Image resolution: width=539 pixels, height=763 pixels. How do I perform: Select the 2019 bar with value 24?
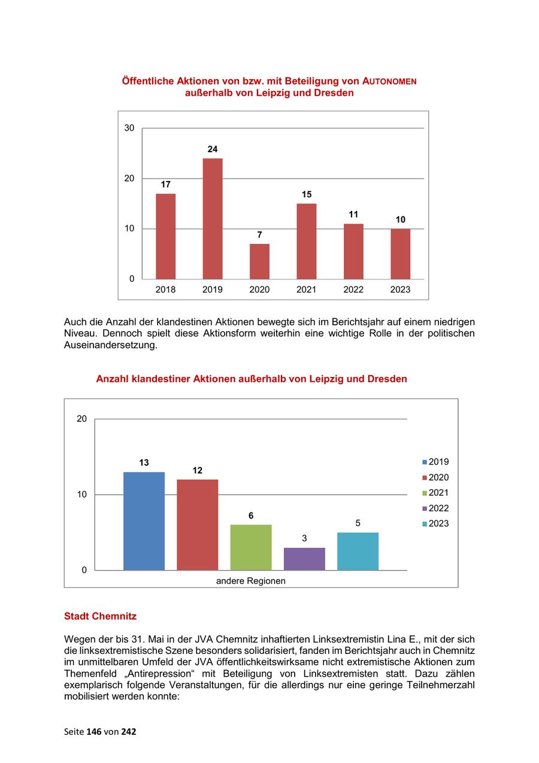click(213, 218)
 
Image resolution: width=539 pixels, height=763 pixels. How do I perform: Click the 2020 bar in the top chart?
click(259, 261)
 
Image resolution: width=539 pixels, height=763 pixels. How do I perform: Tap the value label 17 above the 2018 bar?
click(165, 185)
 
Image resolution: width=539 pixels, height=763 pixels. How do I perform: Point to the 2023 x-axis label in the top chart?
click(400, 289)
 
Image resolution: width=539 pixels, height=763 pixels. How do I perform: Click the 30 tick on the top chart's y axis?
click(129, 128)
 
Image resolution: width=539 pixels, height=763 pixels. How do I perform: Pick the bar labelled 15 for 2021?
click(306, 241)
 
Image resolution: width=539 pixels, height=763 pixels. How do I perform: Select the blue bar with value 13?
click(144, 521)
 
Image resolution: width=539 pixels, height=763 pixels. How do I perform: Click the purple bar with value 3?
click(304, 559)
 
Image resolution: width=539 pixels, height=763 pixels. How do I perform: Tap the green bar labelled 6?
click(251, 547)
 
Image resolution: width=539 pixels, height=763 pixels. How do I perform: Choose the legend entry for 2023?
click(435, 524)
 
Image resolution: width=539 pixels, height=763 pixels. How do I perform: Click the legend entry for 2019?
click(435, 462)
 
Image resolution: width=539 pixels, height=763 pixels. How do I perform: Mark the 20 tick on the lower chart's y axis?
click(82, 418)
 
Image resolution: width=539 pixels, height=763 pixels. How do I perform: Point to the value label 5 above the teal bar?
click(358, 523)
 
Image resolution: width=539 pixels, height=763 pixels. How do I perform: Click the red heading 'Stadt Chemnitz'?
click(100, 616)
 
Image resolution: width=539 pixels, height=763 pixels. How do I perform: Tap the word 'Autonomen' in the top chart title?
click(389, 81)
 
